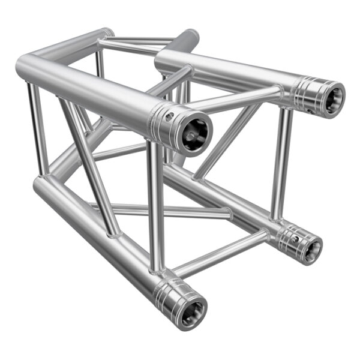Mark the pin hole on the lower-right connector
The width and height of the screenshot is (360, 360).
tap(294, 238)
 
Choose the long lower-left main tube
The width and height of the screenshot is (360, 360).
tap(90, 228)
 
